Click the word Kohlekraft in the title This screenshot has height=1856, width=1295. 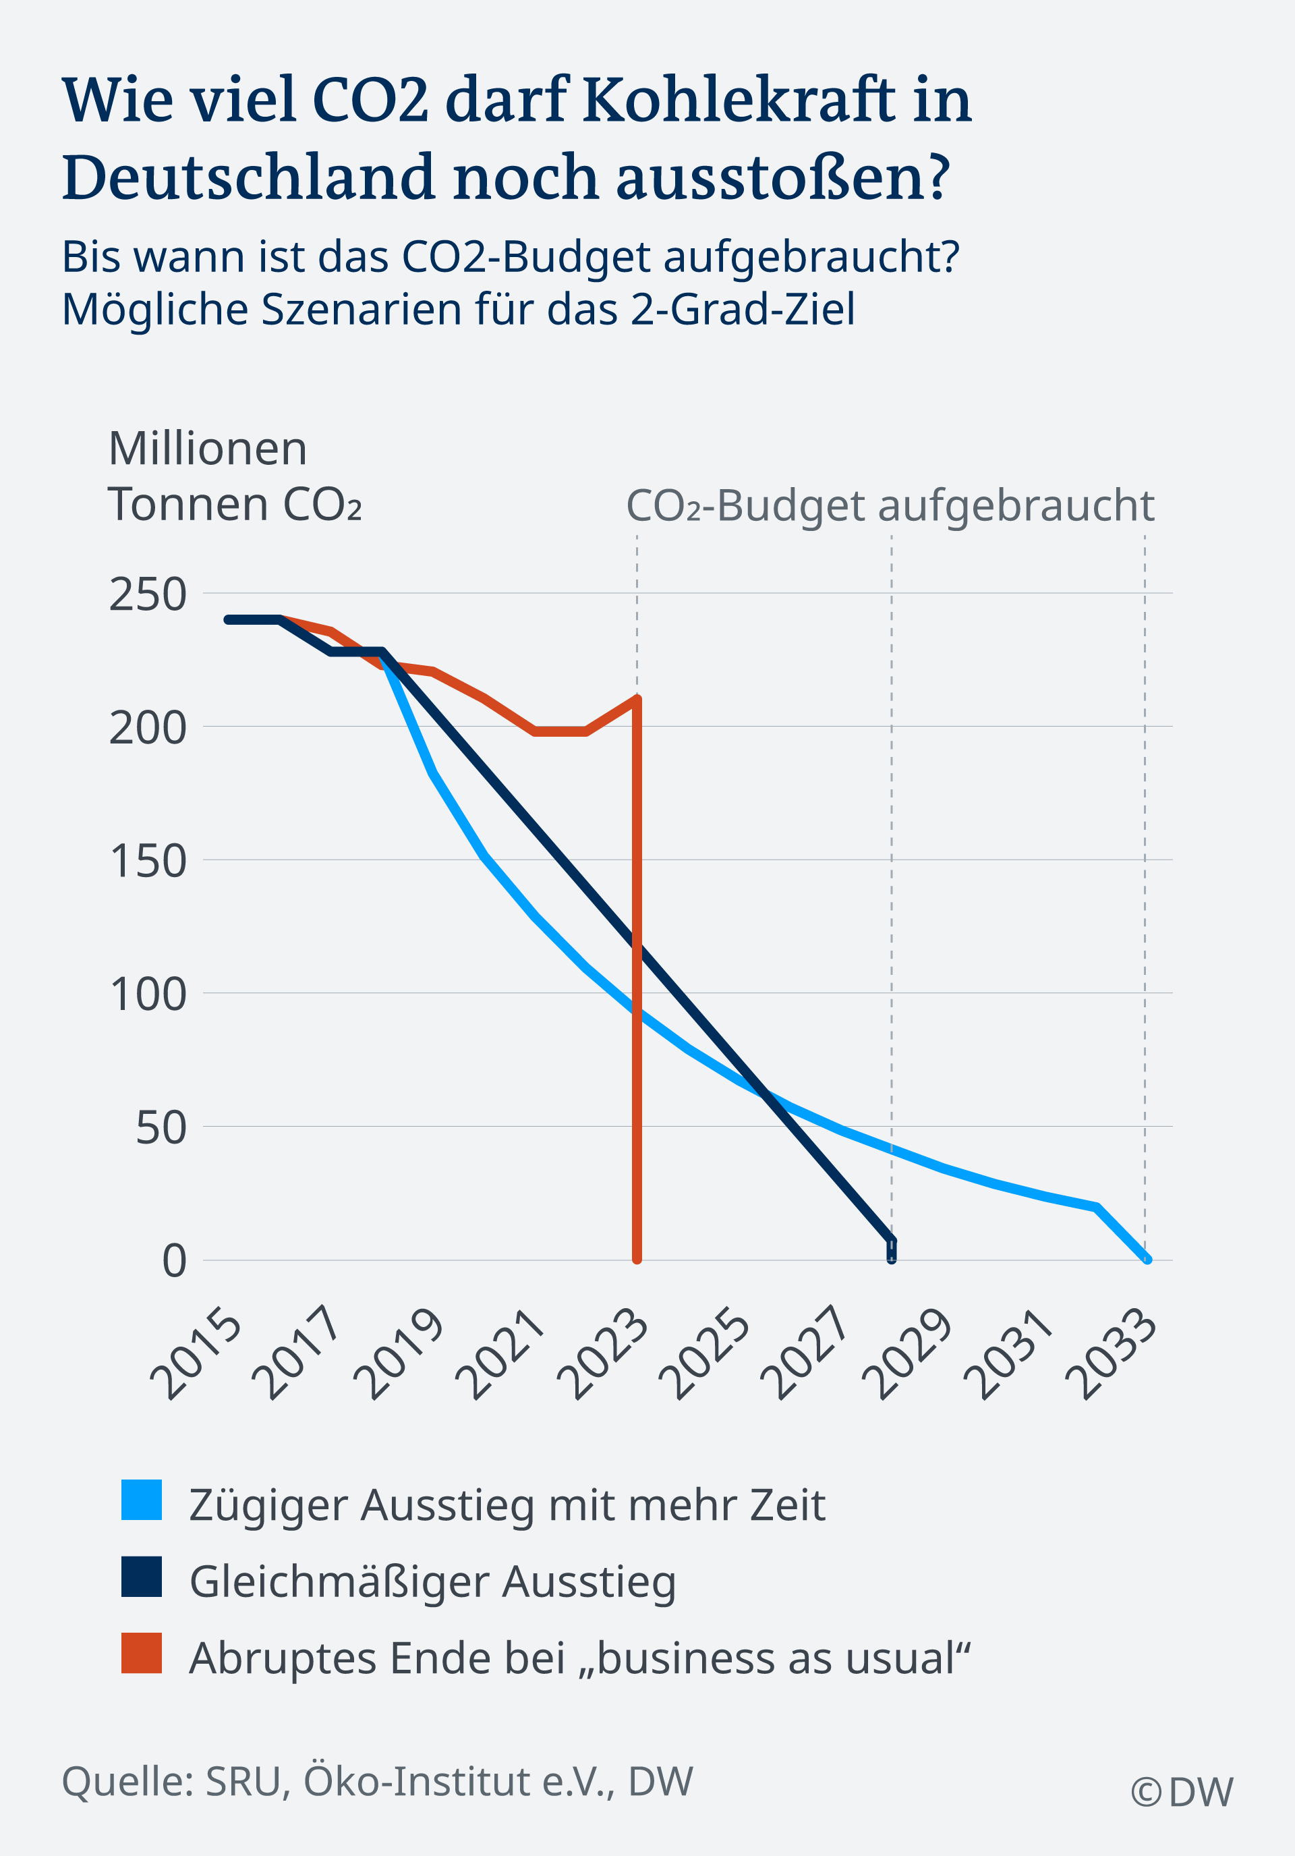click(737, 101)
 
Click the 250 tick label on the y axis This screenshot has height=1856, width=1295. click(148, 595)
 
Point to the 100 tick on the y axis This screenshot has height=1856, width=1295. click(148, 994)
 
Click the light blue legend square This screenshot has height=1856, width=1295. click(142, 1500)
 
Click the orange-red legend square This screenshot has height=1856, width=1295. click(142, 1653)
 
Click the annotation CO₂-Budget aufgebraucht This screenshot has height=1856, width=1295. click(890, 506)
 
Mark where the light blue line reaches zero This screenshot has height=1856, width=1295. click(1146, 1260)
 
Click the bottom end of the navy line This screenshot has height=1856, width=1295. click(892, 1258)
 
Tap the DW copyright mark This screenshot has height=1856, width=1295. click(1182, 1792)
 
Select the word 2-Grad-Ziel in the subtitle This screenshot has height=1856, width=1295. click(742, 310)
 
